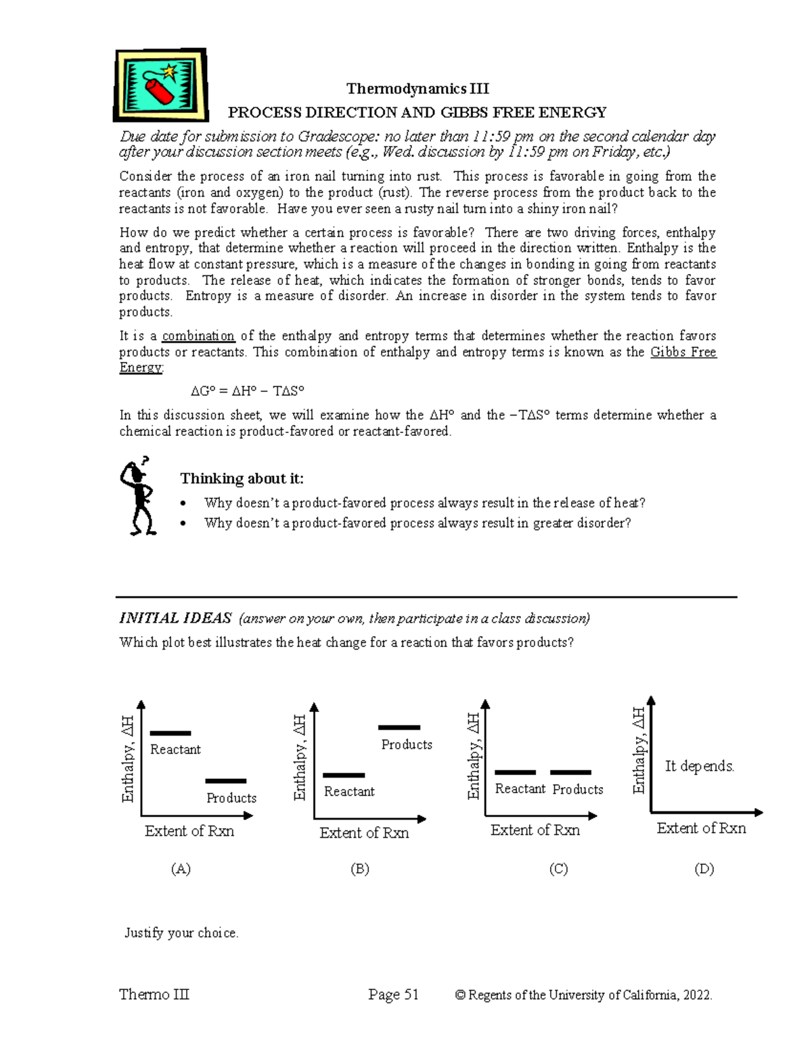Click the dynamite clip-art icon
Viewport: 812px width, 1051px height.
coord(160,85)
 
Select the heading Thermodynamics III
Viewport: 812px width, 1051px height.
coord(417,89)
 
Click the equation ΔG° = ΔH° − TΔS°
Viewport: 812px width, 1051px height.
coord(247,391)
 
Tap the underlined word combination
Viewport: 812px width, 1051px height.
coord(198,336)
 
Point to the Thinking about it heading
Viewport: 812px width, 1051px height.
coord(242,478)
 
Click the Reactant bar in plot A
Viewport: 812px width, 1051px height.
coord(170,733)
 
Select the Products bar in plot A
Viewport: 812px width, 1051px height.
coord(225,781)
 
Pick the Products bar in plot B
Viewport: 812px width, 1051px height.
coord(399,728)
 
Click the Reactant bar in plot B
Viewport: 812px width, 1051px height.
coord(344,776)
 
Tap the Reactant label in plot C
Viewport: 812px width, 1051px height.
coord(520,789)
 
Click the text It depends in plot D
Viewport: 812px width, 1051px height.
coord(699,766)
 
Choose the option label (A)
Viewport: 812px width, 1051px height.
coord(181,869)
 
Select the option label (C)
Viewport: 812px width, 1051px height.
coord(558,869)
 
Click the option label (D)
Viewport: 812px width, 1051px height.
coord(704,869)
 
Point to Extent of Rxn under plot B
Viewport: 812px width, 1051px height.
coord(364,833)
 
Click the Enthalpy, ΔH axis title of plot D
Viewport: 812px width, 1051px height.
coord(639,750)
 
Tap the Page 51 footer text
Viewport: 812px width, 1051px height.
coord(393,994)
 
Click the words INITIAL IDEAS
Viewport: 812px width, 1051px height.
coord(175,618)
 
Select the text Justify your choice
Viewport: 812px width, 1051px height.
coord(181,933)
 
